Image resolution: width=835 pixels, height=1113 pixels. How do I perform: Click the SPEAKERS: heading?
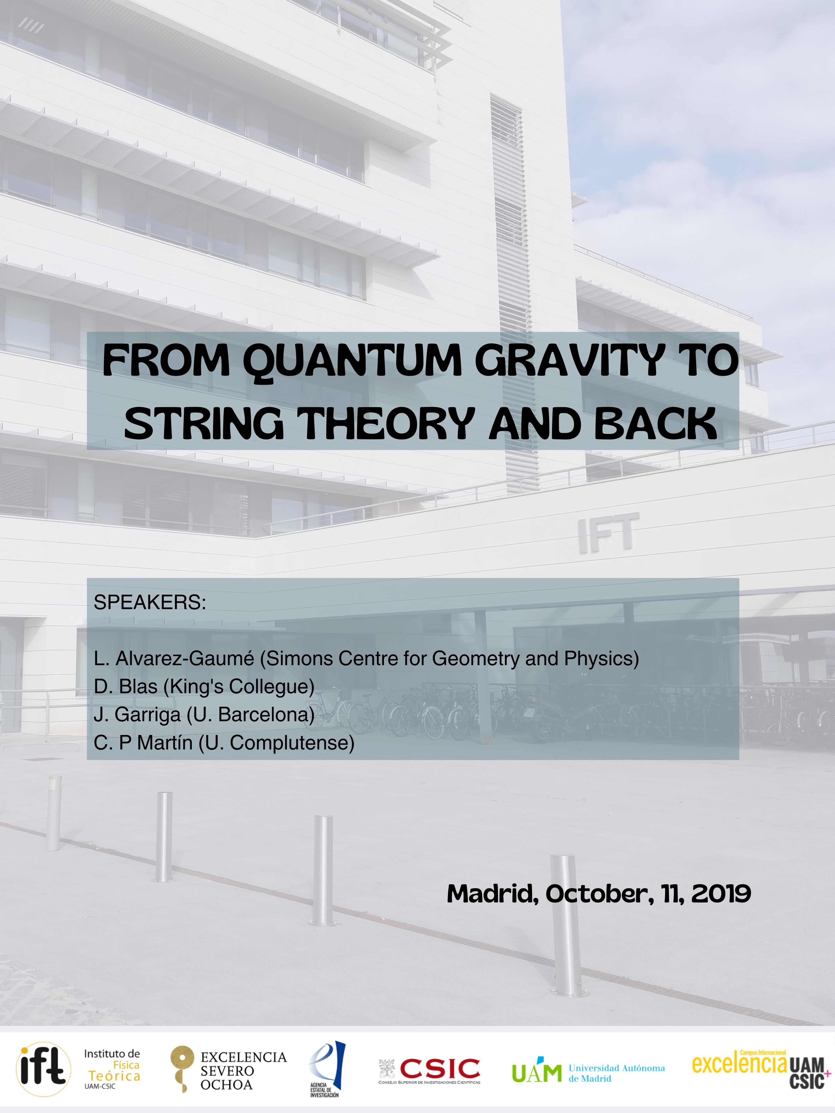150,602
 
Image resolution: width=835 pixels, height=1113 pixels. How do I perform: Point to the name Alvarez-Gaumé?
185,659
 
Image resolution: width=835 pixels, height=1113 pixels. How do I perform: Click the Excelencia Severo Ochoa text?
244,1071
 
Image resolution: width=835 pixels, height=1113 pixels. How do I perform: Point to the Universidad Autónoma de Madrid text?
617,1073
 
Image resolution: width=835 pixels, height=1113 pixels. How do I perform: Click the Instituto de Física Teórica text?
112,1068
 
